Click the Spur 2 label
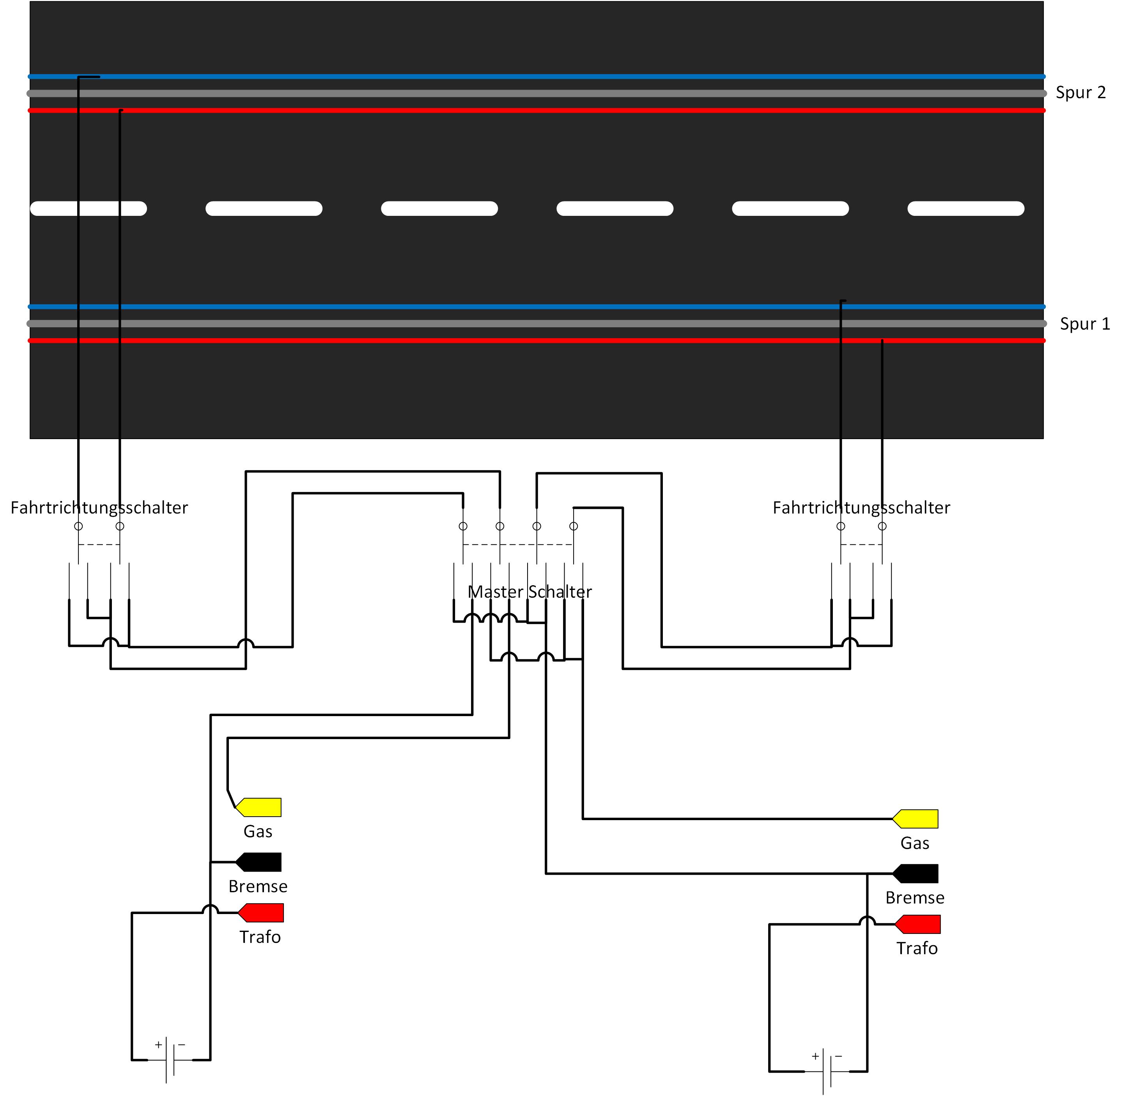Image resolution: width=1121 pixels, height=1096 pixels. click(1080, 93)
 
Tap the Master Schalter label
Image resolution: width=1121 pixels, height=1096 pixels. click(530, 592)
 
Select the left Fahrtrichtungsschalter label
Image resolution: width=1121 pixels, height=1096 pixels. click(99, 508)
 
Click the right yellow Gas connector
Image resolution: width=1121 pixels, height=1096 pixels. click(916, 819)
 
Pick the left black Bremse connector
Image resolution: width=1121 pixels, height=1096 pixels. click(259, 862)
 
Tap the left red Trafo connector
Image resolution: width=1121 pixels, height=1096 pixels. click(261, 912)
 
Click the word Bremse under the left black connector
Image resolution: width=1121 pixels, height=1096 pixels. click(257, 886)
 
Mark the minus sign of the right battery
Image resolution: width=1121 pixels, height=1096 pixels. click(839, 1056)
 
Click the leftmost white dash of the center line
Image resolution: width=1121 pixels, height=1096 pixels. click(89, 208)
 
